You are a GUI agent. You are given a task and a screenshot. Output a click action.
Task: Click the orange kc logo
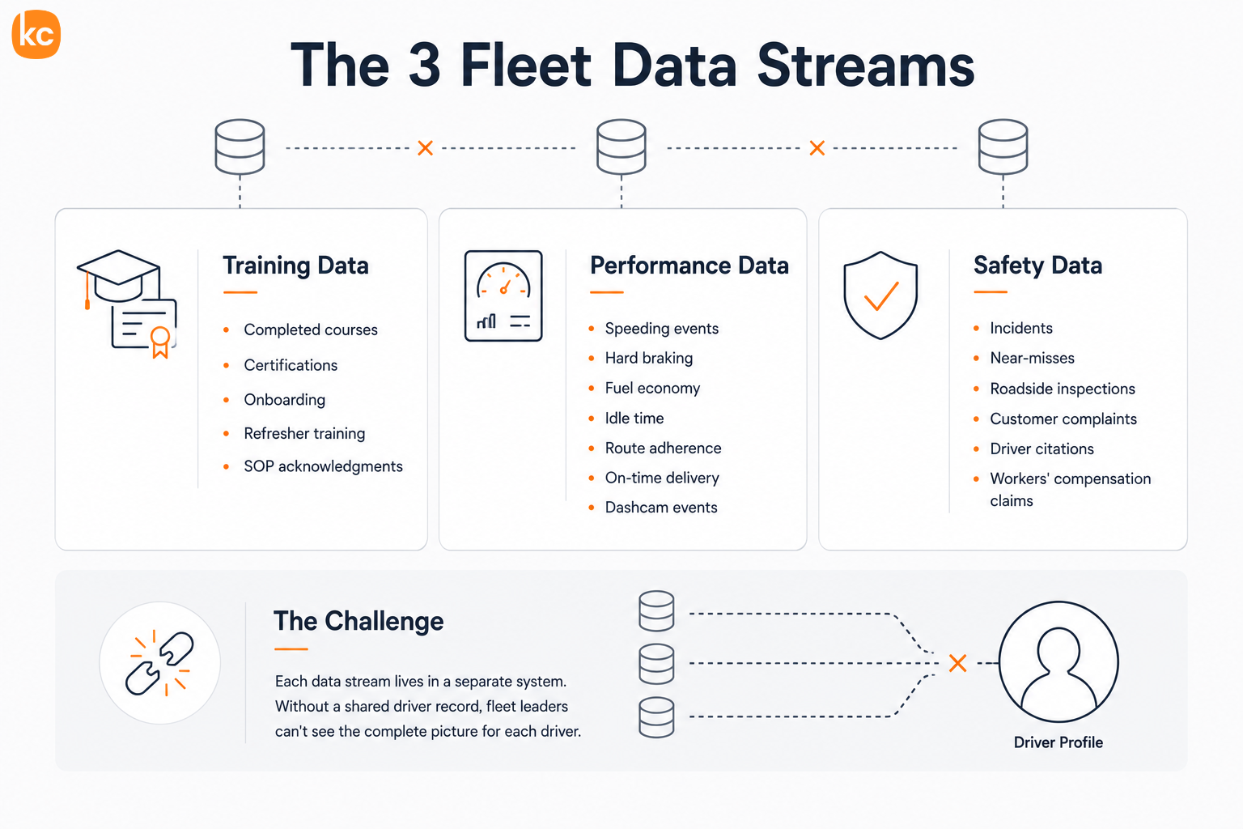coord(36,34)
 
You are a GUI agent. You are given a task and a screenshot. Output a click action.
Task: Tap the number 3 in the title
coord(425,66)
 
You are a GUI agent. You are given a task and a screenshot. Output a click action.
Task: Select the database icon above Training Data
coord(240,147)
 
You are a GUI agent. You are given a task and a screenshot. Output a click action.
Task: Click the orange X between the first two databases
coord(425,148)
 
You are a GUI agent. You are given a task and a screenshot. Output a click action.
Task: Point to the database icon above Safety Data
coord(1003,147)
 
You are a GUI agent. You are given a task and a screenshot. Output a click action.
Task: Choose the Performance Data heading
coord(689,266)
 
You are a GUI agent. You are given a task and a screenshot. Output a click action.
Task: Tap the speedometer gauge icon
coord(503,295)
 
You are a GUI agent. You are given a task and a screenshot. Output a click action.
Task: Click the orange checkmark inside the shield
coord(881,296)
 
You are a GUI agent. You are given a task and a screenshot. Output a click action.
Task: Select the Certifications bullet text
coord(291,365)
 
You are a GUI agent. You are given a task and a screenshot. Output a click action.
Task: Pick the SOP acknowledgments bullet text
coord(323,466)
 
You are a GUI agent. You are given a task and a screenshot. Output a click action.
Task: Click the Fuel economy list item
coord(652,388)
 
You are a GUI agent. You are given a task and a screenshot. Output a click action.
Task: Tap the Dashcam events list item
coord(661,508)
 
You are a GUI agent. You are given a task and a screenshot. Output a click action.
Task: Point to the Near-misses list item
coord(1032,358)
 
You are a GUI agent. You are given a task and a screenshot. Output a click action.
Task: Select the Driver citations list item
coord(1041,449)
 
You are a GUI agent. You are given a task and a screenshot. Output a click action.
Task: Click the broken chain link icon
coord(159,663)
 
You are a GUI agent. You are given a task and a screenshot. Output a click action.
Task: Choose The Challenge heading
coord(358,621)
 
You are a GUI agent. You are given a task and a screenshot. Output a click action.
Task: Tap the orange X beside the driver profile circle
coord(958,663)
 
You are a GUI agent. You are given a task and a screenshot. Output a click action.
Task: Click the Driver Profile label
coord(1058,742)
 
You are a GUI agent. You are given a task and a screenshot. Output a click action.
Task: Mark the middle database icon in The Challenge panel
coord(656,664)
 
